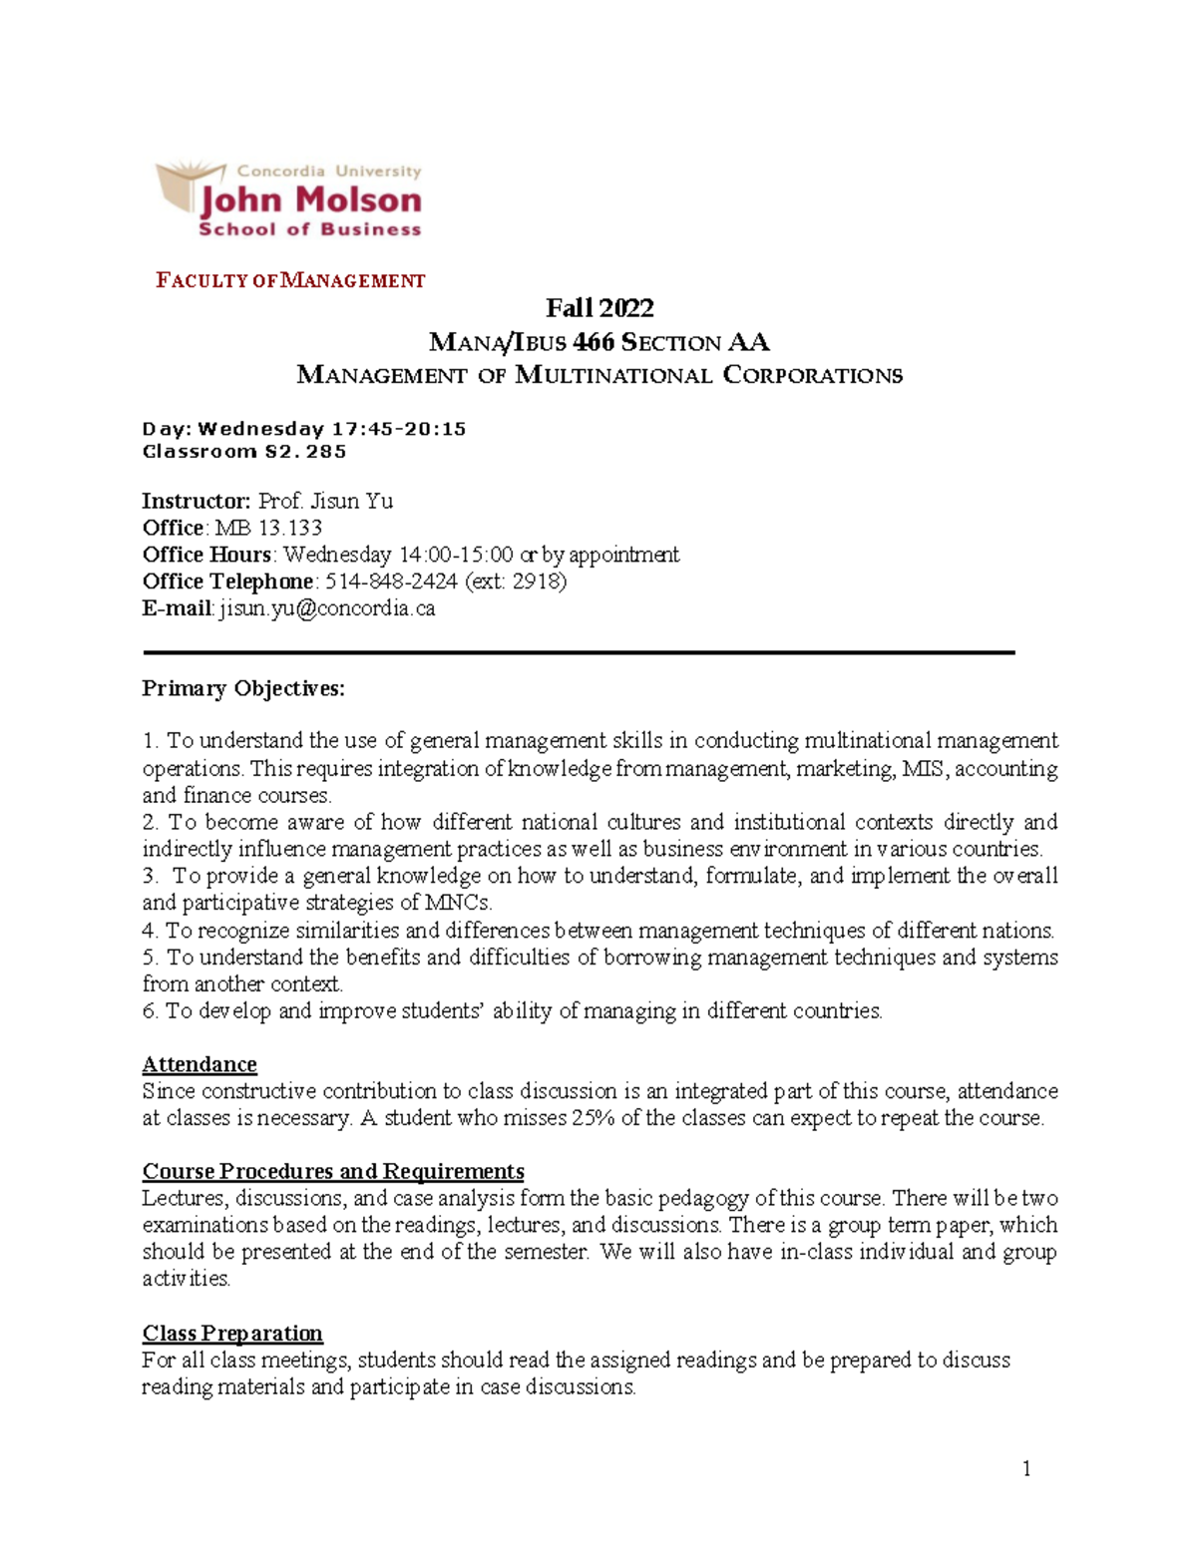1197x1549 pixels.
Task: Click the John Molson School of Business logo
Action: [x=289, y=200]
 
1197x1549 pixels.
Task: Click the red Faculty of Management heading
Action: [x=290, y=281]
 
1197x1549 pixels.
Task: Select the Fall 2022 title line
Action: [x=599, y=308]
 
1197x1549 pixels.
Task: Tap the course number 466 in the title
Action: [x=594, y=343]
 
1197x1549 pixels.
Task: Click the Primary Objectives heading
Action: [x=243, y=688]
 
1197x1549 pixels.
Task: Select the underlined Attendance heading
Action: [x=199, y=1064]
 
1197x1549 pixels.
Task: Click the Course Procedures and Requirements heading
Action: [x=333, y=1171]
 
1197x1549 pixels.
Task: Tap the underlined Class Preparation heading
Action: [x=232, y=1334]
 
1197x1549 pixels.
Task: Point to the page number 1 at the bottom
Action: [x=1026, y=1469]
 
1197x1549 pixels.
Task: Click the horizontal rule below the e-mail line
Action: [x=579, y=652]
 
